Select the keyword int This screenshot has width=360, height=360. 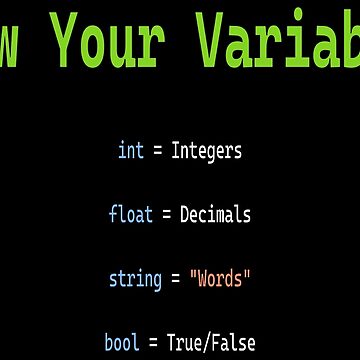[131, 152]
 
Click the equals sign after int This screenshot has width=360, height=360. [158, 152]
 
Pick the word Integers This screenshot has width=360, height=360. [207, 152]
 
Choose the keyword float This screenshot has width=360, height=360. [131, 213]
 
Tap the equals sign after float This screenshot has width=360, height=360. [167, 213]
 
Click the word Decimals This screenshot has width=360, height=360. [216, 213]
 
